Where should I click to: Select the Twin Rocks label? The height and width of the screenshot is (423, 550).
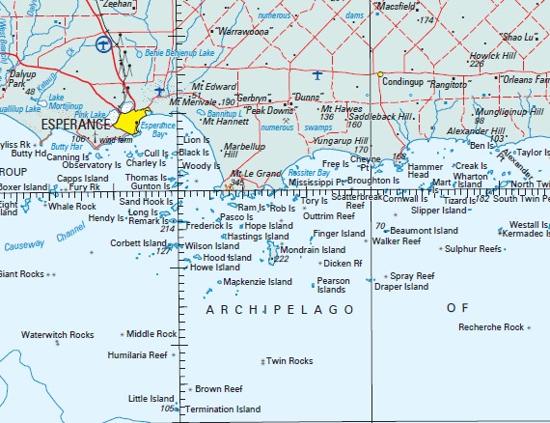[x=289, y=360]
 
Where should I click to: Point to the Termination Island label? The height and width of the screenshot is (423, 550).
[x=223, y=409]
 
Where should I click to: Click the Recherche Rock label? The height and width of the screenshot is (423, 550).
[x=491, y=327]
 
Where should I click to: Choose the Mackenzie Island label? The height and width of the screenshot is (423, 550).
[x=259, y=282]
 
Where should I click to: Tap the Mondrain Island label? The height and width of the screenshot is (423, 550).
[x=312, y=249]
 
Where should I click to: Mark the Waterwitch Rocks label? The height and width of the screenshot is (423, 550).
[x=58, y=335]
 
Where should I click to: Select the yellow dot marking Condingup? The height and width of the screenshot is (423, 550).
[x=380, y=74]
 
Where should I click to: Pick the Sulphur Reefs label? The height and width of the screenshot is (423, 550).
[x=473, y=249]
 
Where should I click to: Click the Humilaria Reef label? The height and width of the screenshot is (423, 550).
[x=137, y=355]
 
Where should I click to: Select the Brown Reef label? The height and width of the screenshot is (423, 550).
[x=218, y=389]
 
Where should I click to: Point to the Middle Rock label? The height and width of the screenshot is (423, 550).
[x=151, y=334]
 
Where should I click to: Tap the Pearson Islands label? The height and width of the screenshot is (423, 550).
[x=333, y=285]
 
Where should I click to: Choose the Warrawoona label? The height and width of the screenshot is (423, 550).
[x=245, y=32]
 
